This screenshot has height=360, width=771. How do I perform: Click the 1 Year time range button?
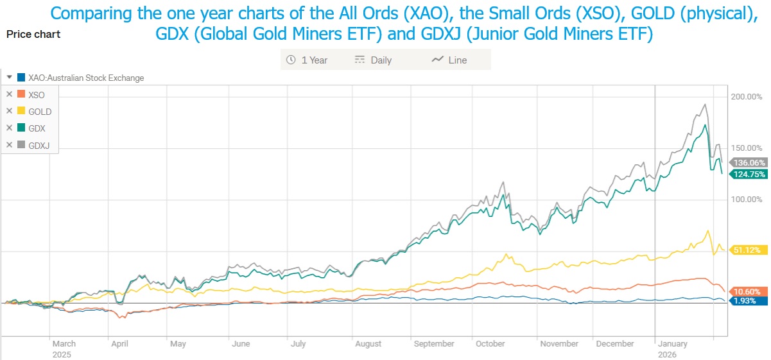click(307, 60)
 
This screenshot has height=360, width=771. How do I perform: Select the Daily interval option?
click(373, 60)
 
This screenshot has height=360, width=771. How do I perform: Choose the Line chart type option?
click(449, 60)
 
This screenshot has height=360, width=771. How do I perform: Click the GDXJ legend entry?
click(39, 145)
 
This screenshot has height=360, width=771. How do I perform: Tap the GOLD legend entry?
click(40, 112)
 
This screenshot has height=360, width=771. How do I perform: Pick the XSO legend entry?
click(37, 95)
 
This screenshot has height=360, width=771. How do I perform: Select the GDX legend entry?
click(37, 128)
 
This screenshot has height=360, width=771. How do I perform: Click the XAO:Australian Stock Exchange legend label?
click(86, 78)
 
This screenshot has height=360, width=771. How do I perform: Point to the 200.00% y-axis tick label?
click(747, 97)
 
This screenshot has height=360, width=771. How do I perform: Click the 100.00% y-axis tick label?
click(747, 200)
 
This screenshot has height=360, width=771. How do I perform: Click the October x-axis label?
click(490, 344)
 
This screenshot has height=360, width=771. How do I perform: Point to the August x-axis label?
click(368, 344)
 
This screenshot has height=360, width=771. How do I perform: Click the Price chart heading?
click(33, 34)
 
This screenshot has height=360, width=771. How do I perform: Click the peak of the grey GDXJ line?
click(706, 104)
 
